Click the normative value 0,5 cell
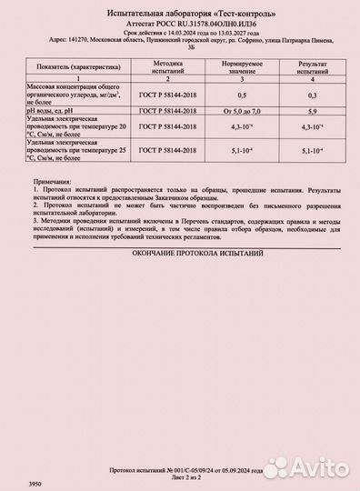(x=241, y=94)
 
